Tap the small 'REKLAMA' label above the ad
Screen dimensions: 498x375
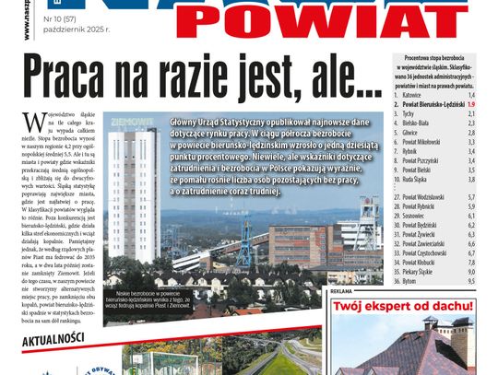[x=341, y=290]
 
